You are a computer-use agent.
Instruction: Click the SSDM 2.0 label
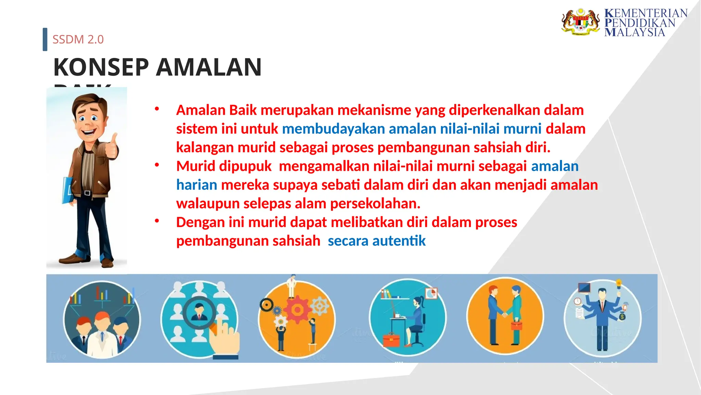[78, 39]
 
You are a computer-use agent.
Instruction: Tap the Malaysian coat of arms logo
[581, 22]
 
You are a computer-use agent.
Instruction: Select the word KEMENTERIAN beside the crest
[646, 13]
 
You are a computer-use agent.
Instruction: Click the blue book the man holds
[67, 190]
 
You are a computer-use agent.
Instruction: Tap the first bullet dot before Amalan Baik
[157, 109]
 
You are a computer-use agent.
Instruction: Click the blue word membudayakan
[333, 129]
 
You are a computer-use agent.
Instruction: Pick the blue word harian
[196, 185]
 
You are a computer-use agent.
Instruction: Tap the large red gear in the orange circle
[297, 309]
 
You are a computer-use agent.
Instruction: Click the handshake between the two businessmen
[504, 314]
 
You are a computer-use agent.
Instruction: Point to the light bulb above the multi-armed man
[619, 284]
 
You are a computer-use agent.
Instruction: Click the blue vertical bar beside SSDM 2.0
[45, 39]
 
